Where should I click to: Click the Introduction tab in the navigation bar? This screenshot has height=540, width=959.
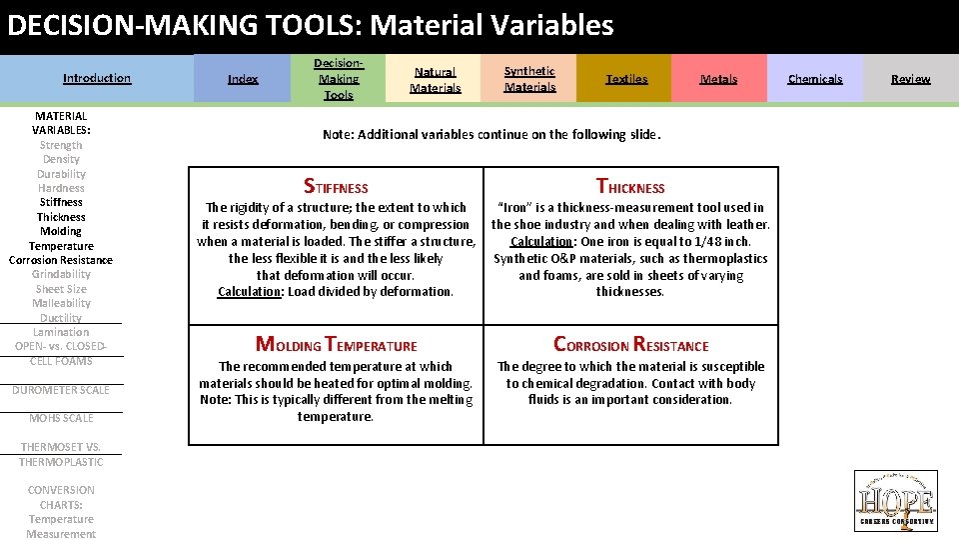click(97, 78)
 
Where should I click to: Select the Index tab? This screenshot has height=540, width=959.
click(243, 79)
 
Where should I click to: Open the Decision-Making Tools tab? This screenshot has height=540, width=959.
click(339, 79)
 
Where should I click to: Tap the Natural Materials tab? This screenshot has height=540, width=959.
click(436, 80)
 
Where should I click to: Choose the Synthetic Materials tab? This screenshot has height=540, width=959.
click(529, 79)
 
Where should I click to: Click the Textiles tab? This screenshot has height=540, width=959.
click(626, 79)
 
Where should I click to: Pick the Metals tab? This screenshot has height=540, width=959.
click(718, 79)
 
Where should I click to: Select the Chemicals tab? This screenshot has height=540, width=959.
click(815, 79)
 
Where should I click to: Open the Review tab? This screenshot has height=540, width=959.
click(910, 79)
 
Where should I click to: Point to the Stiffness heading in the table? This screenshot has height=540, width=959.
click(336, 187)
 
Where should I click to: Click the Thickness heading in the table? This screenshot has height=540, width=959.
click(630, 187)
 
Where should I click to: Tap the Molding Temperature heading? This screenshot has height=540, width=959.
click(336, 345)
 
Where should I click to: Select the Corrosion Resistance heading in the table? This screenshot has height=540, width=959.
click(630, 345)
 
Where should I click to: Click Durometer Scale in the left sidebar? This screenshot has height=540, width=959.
click(61, 390)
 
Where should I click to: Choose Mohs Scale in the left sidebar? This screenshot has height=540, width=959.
click(61, 418)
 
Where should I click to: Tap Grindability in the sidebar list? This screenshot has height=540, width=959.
click(61, 274)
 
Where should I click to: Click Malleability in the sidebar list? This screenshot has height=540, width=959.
click(61, 303)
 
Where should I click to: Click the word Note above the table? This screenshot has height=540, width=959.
click(338, 135)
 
